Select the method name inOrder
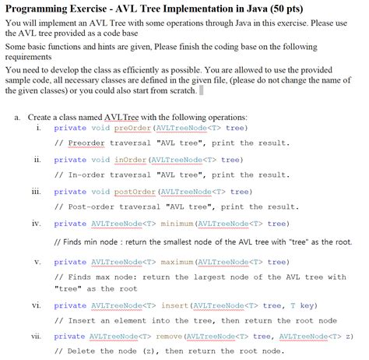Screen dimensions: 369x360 pos(131,160)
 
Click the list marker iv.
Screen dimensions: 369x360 pos(36,224)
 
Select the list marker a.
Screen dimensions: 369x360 pos(17,116)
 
